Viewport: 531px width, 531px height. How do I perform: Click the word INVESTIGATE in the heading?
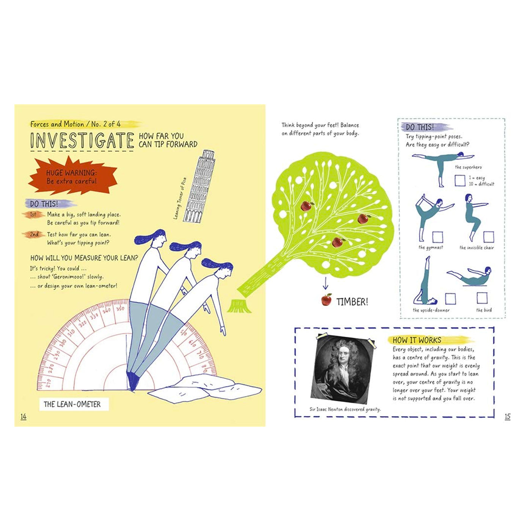tap(82, 141)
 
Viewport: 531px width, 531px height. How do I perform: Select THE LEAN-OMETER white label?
tap(74, 404)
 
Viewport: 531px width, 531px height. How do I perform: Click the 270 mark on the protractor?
tap(49, 382)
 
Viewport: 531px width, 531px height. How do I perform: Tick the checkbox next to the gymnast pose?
tap(437, 237)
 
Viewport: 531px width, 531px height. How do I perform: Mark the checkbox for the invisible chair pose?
tap(489, 237)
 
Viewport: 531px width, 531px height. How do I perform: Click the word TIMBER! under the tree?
tap(352, 302)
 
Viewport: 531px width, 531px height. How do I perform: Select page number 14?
tap(24, 416)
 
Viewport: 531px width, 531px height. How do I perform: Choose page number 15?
tap(507, 416)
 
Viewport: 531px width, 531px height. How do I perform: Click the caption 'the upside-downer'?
tap(431, 310)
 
